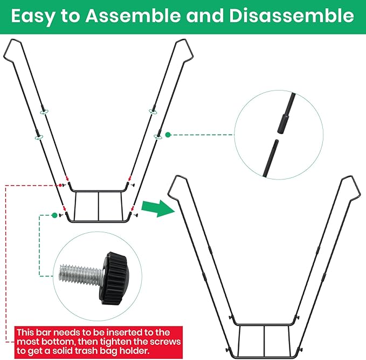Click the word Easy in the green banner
(x=32, y=16)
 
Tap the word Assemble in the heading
(x=133, y=16)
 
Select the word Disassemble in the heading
(x=292, y=16)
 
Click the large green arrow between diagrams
(x=158, y=209)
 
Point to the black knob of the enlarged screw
(x=115, y=278)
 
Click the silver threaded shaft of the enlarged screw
(x=80, y=275)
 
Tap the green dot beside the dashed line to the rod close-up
(x=168, y=135)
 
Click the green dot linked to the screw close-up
(x=54, y=215)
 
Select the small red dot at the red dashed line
(x=60, y=185)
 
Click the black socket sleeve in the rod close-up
(x=283, y=123)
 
